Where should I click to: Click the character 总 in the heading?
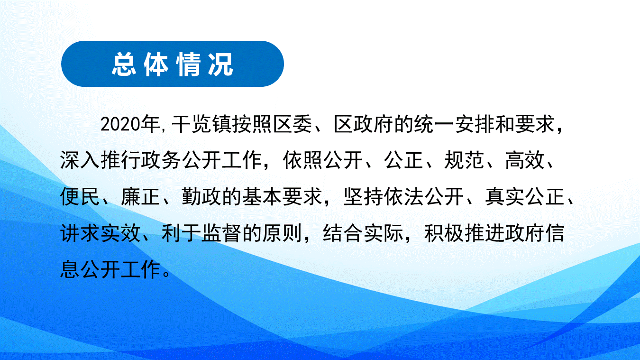124,64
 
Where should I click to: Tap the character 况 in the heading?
220,64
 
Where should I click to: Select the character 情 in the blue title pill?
188,64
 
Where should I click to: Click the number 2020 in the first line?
120,124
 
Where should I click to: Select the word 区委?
292,124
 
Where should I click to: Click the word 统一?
434,124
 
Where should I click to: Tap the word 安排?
474,124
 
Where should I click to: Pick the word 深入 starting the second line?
80,160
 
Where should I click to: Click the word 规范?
464,160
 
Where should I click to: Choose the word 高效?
525,160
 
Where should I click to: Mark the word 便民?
80,197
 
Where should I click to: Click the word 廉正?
140,197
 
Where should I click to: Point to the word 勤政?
201,197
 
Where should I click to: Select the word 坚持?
363,197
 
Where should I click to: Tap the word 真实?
504,197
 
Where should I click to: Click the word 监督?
221,233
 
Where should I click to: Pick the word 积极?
444,233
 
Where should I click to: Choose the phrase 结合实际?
363,233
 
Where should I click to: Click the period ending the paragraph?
166,274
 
